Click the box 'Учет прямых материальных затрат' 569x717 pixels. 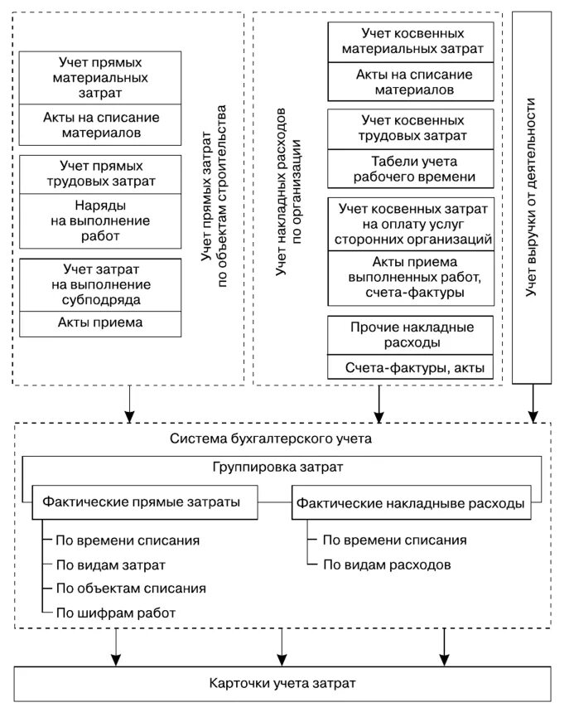[x=100, y=78]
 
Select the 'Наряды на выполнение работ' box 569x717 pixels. [x=100, y=221]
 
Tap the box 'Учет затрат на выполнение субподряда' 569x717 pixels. [x=100, y=284]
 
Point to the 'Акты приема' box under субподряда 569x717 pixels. [x=100, y=323]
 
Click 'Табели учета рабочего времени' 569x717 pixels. [x=412, y=169]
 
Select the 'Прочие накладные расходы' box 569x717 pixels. [x=412, y=335]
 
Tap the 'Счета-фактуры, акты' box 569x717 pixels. [x=412, y=367]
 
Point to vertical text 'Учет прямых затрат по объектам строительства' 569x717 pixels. [x=214, y=199]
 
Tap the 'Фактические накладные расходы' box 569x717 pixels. [x=411, y=503]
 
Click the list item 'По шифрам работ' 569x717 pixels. [x=116, y=613]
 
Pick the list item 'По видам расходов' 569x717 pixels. [x=386, y=566]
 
